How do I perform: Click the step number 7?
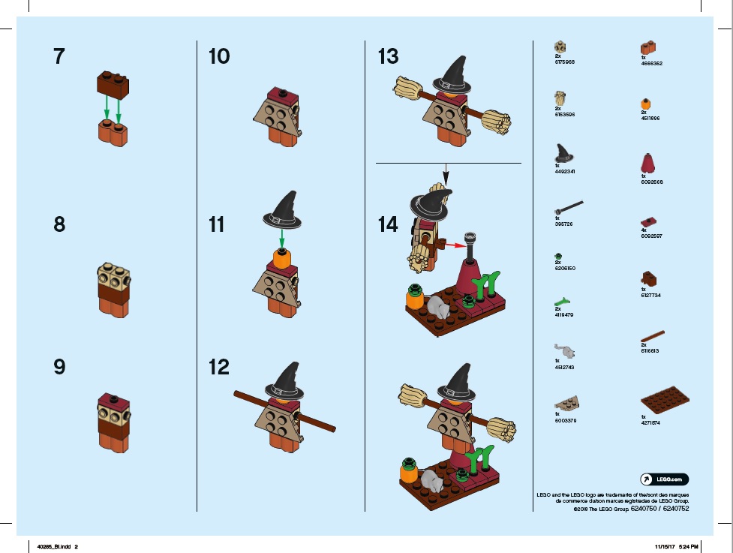pos(59,56)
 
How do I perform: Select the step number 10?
pos(219,56)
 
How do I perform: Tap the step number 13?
pos(389,56)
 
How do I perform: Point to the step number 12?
pos(219,367)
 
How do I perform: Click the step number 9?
pos(59,367)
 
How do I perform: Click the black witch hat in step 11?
pos(284,209)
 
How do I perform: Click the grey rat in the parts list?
pos(565,350)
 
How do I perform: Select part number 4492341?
pos(563,171)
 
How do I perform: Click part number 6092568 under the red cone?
pos(652,182)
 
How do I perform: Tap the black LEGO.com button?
pos(664,479)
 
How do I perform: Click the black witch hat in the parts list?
pos(563,154)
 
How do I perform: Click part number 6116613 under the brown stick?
pos(650,350)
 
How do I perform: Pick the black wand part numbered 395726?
pos(569,205)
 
